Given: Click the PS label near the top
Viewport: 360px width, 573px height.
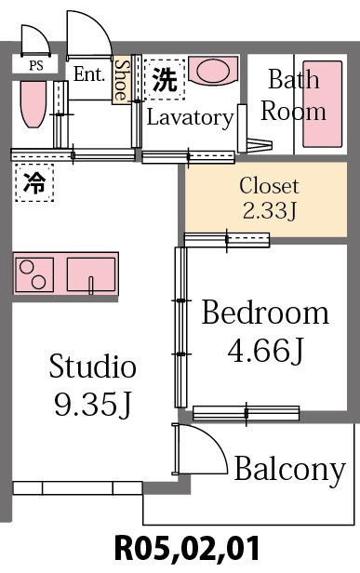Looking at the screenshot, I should click(x=35, y=64).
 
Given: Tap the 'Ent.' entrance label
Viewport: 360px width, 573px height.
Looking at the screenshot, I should click(x=89, y=74).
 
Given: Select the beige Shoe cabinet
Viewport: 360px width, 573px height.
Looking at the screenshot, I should click(x=121, y=80).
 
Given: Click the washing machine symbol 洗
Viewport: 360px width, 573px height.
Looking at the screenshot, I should click(x=164, y=80).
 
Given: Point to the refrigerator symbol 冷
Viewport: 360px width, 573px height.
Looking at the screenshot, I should click(x=33, y=182).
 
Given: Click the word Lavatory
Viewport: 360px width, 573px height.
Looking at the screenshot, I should click(x=190, y=118).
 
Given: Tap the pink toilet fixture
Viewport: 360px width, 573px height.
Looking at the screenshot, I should click(x=33, y=108).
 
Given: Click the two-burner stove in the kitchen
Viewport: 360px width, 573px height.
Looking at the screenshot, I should click(x=37, y=276).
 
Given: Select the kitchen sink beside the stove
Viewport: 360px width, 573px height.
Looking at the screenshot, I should click(x=91, y=276).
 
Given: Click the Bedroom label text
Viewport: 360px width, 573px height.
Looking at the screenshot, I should click(x=265, y=313).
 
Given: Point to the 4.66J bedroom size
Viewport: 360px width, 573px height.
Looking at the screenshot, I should click(x=265, y=351).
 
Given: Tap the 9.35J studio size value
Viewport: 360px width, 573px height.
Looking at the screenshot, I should click(x=92, y=405).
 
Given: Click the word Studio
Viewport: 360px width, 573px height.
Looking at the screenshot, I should click(x=92, y=366).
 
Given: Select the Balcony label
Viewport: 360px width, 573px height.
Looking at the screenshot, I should click(x=289, y=470).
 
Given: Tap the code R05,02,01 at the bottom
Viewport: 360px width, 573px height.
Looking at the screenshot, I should click(x=185, y=548).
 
